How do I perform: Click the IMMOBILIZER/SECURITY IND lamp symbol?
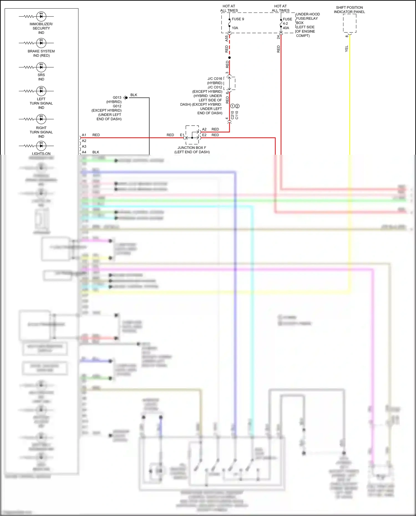[41, 16]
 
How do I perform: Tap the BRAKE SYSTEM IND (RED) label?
[41, 53]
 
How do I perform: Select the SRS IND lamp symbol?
[41, 67]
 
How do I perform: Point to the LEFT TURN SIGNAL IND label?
[41, 103]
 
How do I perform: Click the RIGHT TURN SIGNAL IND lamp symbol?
[41, 119]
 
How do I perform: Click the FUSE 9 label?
[238, 19]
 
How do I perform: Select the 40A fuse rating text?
[286, 28]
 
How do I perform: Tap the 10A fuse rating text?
[235, 28]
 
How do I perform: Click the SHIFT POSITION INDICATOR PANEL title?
[349, 10]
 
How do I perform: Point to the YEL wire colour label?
[346, 49]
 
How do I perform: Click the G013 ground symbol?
[126, 98]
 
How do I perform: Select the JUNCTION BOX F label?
[192, 148]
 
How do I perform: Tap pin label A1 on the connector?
[84, 135]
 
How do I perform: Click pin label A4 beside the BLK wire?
[84, 152]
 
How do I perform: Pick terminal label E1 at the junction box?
[182, 135]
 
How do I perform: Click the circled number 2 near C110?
[237, 106]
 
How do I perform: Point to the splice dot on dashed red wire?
[229, 58]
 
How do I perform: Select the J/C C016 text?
[215, 79]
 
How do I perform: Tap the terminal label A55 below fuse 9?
[227, 39]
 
